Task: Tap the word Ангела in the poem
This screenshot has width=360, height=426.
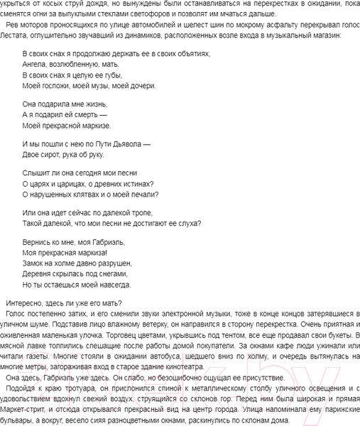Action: [x=36, y=64]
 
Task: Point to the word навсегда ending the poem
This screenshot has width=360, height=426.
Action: [x=111, y=284]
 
